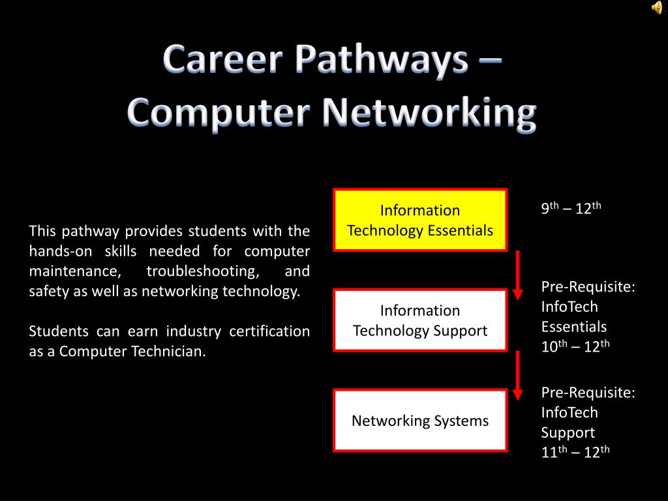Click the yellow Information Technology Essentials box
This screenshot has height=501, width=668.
point(420,220)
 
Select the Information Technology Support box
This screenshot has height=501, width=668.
point(420,320)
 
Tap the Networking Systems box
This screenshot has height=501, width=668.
point(420,421)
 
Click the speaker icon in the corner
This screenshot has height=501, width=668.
point(656,7)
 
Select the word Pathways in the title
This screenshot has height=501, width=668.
point(380,61)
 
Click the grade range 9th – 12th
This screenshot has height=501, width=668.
point(571,209)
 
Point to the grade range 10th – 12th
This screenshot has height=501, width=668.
point(575,347)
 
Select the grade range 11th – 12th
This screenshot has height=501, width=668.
point(575,452)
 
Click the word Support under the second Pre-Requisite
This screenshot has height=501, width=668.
point(568,433)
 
